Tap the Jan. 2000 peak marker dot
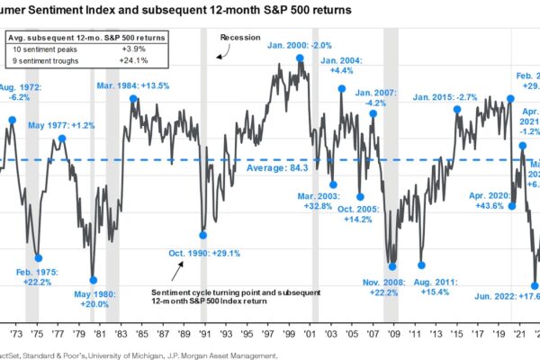[x=300, y=59]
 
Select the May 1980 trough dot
[x=93, y=280]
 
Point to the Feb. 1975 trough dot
[x=38, y=256]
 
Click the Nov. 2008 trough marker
[x=391, y=264]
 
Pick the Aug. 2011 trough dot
[x=421, y=263]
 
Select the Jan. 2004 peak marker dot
[x=342, y=88]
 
